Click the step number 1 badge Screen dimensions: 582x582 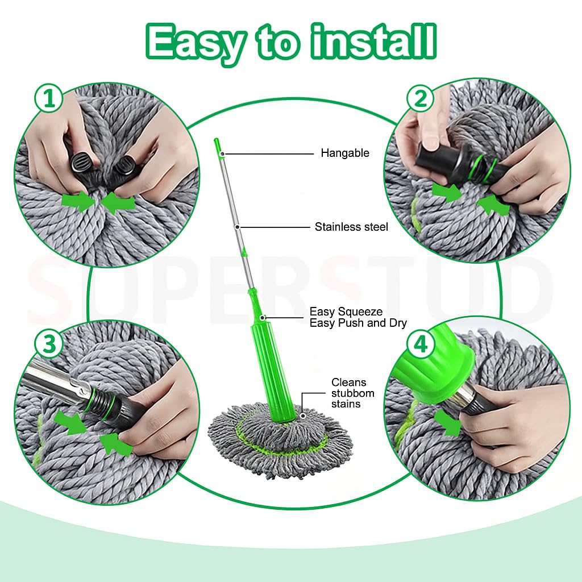[x=49, y=100]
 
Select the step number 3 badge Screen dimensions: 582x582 [x=49, y=344]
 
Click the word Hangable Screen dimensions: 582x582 [x=344, y=153]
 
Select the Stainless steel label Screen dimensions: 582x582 [x=351, y=227]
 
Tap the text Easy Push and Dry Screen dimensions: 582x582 [x=358, y=323]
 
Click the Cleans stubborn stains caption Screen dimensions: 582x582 [x=348, y=393]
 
